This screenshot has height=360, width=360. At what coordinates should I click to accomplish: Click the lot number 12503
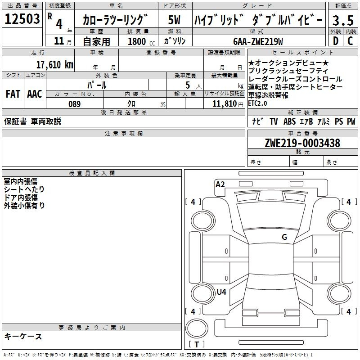22,19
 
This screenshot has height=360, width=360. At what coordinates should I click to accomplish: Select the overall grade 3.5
343,20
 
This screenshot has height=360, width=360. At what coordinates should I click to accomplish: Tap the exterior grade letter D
336,41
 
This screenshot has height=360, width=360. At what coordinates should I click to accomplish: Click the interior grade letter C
350,41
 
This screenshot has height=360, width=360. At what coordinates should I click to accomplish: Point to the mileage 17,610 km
55,65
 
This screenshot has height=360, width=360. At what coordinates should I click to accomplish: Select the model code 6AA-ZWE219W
258,41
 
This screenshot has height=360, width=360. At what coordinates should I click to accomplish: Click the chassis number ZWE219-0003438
302,143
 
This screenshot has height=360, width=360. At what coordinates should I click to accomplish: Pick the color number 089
75,104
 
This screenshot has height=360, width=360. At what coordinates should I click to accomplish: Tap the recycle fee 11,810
225,104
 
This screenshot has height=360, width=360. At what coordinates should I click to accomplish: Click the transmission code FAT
13,94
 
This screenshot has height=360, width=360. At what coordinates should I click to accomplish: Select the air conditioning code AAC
35,94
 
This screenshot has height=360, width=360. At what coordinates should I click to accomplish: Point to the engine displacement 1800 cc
141,41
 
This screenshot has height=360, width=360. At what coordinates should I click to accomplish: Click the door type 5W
174,20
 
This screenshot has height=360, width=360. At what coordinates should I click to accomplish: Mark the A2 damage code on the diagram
220,184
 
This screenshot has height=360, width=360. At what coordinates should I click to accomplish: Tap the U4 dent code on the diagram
221,292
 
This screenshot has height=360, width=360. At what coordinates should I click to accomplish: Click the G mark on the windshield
284,237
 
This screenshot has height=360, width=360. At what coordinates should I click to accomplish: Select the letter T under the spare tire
197,344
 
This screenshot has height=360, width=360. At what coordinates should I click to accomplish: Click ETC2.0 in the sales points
257,103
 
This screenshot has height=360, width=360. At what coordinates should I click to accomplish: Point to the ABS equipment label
289,121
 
